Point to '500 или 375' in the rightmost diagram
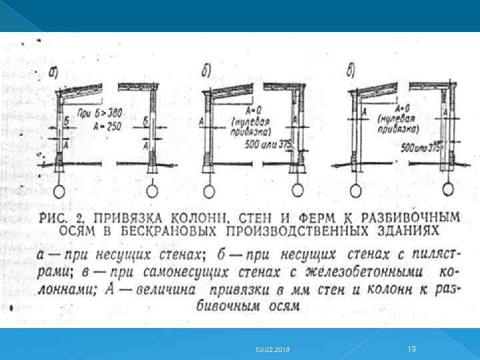tap(421, 147)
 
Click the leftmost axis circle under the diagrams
tap(61, 191)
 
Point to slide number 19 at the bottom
tap(411, 348)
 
